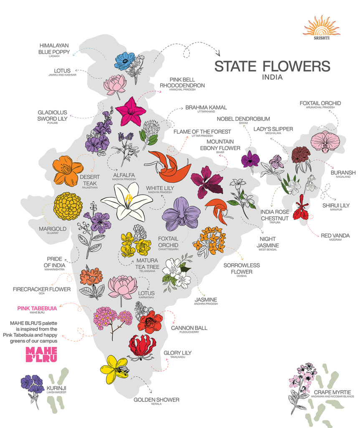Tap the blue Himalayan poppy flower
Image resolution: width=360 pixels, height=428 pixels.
(x=124, y=61)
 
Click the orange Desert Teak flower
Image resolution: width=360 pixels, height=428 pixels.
(x=68, y=170)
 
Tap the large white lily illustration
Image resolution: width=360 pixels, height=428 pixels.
(x=127, y=201)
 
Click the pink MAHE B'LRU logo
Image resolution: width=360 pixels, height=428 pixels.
(x=41, y=354)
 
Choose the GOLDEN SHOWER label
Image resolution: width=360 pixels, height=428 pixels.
(x=156, y=400)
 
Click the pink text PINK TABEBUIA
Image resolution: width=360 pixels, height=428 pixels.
(x=37, y=308)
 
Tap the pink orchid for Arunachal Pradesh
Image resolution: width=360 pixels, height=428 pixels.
(x=325, y=141)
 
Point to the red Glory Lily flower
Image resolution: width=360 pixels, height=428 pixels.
(x=142, y=347)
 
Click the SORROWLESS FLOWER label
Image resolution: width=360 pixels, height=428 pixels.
(x=241, y=268)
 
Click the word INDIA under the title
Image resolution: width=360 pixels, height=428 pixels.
(x=272, y=77)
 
